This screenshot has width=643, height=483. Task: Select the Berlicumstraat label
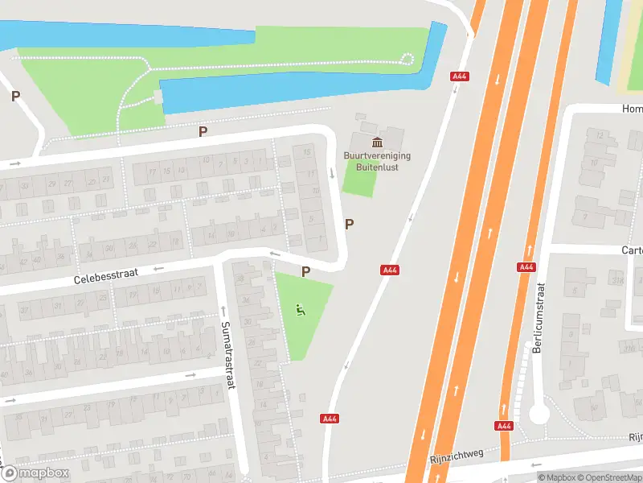coord(538,318)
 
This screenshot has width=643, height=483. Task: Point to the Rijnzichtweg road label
coord(457,456)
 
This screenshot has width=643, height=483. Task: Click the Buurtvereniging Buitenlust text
coord(377,161)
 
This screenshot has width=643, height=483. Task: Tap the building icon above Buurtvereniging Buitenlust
coord(377,142)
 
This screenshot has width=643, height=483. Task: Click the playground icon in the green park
coord(301,310)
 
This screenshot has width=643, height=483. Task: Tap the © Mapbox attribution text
coord(557,477)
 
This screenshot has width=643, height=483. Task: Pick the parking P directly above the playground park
coord(305,272)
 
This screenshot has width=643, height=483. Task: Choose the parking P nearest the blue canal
coord(203,130)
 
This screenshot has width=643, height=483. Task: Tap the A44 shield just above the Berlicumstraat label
coord(526,266)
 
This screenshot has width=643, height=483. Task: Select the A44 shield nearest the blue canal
coord(461,76)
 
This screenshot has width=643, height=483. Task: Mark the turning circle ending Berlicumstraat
coord(539,414)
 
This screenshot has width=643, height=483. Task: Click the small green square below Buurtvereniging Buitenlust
coord(359,178)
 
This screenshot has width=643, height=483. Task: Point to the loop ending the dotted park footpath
coord(407,58)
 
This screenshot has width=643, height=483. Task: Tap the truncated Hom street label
coord(632,109)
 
